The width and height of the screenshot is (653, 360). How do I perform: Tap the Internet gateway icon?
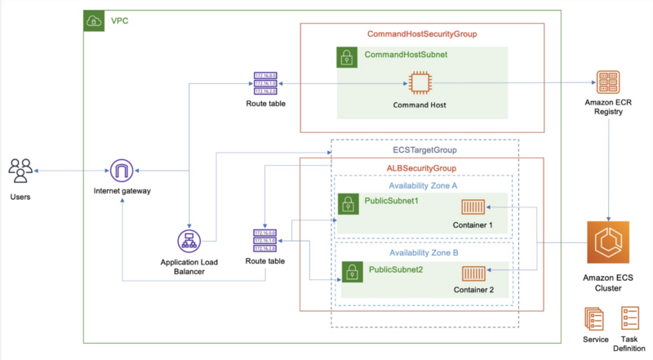click(x=122, y=171)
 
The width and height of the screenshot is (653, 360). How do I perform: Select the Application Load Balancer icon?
click(x=189, y=241)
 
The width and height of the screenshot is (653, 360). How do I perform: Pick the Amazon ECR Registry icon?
click(x=608, y=83)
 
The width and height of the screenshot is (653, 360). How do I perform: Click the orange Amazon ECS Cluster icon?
click(x=608, y=242)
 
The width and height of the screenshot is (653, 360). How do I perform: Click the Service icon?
click(x=594, y=318)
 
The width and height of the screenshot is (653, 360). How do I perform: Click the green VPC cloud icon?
click(x=95, y=21)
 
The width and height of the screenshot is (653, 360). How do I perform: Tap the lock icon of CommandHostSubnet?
click(x=348, y=57)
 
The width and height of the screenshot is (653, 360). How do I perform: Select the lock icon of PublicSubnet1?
click(x=349, y=203)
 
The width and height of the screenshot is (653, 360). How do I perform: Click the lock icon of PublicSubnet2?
click(x=352, y=271)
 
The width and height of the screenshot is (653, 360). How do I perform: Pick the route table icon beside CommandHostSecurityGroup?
click(x=265, y=84)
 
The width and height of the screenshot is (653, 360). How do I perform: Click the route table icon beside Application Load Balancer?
click(x=265, y=241)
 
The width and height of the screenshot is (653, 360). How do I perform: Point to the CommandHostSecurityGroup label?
click(x=422, y=34)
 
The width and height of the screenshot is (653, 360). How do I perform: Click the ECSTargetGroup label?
click(x=424, y=150)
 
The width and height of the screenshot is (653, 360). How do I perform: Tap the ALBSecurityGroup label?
click(x=421, y=168)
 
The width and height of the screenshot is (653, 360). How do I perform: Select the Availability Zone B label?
click(x=424, y=253)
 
